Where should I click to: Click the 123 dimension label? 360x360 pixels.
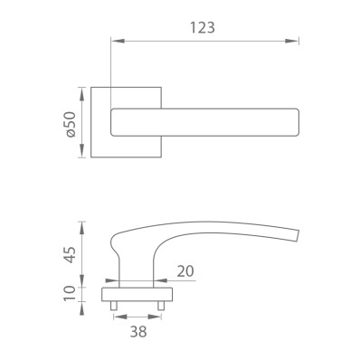203,28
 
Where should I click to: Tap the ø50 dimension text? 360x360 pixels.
70,124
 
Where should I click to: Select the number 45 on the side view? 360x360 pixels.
70,255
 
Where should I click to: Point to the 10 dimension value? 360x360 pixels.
70,293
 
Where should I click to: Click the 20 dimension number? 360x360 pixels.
185,271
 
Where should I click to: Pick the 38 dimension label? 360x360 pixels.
138,332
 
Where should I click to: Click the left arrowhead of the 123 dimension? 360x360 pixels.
118,41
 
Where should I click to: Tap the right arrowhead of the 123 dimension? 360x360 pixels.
292,41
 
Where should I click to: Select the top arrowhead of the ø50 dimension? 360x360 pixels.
81,94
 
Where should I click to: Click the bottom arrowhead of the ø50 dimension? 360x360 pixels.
81,151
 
